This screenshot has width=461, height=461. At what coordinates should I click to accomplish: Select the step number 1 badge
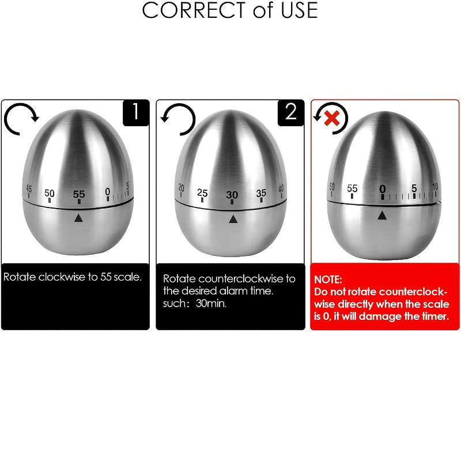[x=136, y=112]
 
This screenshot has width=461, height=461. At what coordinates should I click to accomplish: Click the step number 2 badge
[x=291, y=112]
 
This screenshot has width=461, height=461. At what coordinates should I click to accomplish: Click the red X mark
[x=331, y=118]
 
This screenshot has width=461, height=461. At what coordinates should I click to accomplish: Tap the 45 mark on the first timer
[x=28, y=190]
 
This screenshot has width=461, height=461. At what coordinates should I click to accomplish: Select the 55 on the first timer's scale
[x=78, y=194]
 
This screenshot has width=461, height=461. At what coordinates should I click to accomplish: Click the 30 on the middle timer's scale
[x=232, y=195]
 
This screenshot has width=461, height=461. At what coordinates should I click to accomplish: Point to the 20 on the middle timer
[x=181, y=188]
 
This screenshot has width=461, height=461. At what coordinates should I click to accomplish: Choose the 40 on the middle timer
[x=281, y=188]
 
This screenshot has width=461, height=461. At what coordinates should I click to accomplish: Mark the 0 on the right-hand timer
[x=382, y=189]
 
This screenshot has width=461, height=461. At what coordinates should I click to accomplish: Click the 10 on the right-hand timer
[x=435, y=186]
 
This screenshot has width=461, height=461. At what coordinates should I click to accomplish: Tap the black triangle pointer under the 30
[x=232, y=219]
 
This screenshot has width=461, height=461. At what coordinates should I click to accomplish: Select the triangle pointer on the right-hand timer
[x=382, y=215]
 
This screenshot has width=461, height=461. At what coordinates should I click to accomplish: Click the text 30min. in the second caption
[x=211, y=304]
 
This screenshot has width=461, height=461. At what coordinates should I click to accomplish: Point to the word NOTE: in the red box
[x=328, y=279]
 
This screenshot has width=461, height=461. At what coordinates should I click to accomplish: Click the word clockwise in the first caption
[x=62, y=277]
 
